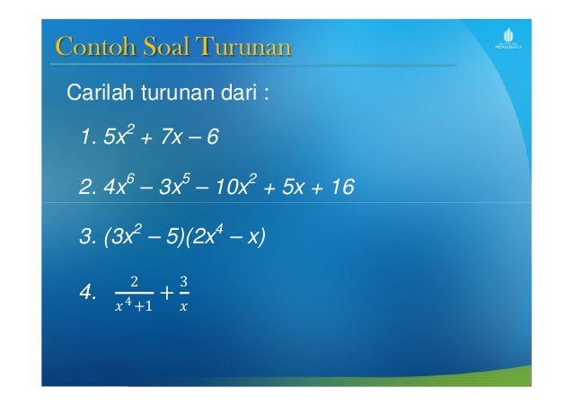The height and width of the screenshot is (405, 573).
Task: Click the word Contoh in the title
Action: (86, 46)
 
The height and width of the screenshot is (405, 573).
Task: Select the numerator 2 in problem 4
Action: (133, 280)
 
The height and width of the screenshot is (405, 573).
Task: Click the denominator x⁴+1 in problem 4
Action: (133, 305)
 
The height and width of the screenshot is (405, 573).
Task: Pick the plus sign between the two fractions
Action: (166, 292)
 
